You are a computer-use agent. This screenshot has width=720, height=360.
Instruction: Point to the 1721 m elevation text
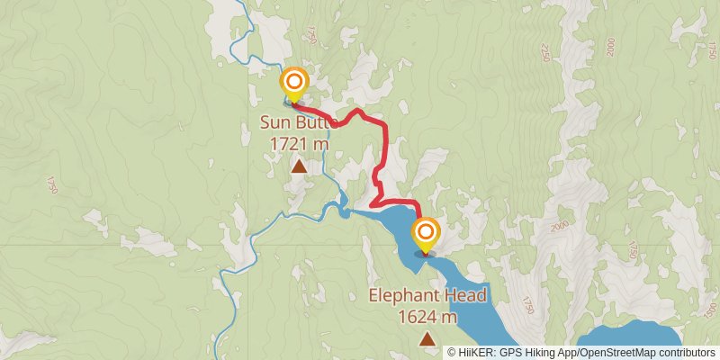[x=299, y=142]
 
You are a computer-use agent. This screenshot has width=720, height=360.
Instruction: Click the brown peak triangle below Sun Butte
[x=299, y=166]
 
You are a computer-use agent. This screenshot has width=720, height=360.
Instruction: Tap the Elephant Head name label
[x=427, y=295]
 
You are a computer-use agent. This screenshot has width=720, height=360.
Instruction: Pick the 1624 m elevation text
[x=427, y=316]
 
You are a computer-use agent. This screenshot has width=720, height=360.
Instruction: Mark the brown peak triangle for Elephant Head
[x=427, y=339]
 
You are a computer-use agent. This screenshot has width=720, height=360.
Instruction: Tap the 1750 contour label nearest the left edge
[x=52, y=184]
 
